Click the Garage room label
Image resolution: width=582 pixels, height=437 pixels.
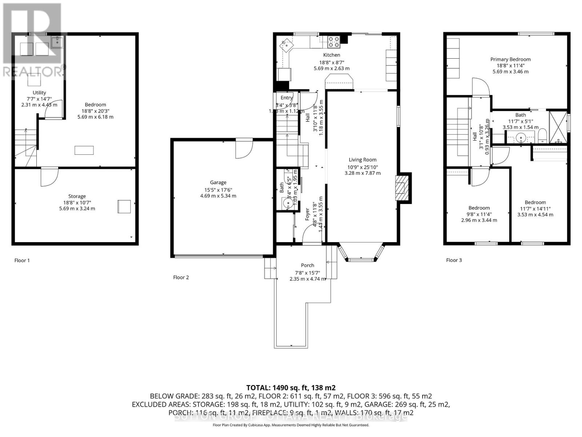218,182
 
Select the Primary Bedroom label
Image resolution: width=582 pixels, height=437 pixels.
510,59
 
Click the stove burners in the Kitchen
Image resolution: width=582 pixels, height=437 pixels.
334,43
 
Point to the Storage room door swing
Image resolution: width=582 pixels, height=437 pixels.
49,176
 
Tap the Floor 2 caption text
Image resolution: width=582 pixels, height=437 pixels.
181,277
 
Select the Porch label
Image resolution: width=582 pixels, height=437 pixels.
307,265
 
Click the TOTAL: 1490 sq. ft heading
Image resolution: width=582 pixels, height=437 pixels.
291,387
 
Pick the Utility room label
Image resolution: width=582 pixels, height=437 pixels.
39,93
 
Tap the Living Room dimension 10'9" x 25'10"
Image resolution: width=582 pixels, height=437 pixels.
362,167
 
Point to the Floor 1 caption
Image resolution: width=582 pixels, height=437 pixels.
22,260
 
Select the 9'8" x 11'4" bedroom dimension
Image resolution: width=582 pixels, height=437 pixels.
479,214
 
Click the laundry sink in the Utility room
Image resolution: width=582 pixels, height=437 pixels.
57,42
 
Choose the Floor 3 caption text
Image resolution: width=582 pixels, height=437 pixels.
454,260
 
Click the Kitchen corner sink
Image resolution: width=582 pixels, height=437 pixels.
286,46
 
